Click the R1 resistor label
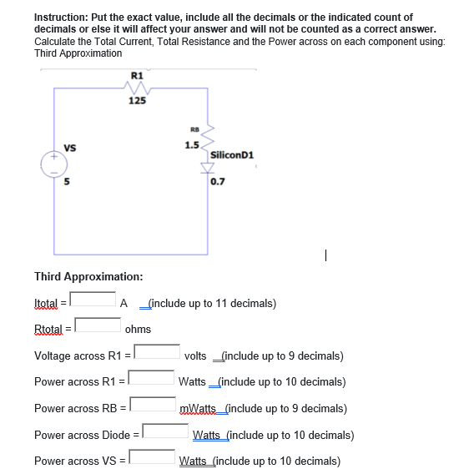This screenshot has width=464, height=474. point(137,75)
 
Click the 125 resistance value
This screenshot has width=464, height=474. point(138,101)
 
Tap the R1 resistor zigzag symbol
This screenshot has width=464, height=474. point(137,87)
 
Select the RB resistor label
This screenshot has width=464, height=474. point(194,129)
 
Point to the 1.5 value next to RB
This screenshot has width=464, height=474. point(192,145)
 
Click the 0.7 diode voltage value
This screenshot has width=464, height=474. point(218,180)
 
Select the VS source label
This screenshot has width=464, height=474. point(70,149)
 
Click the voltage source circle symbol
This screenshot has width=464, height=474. point(55,164)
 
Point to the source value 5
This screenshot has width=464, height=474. point(68,180)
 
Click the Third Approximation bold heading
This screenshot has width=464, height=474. point(88,276)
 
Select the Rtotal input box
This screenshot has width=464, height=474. point(98,324)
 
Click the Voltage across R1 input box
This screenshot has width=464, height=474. point(157,352)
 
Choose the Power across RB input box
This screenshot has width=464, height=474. point(151,405)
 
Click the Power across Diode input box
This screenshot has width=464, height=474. point(165,431)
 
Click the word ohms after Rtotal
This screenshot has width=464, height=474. point(138,330)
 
